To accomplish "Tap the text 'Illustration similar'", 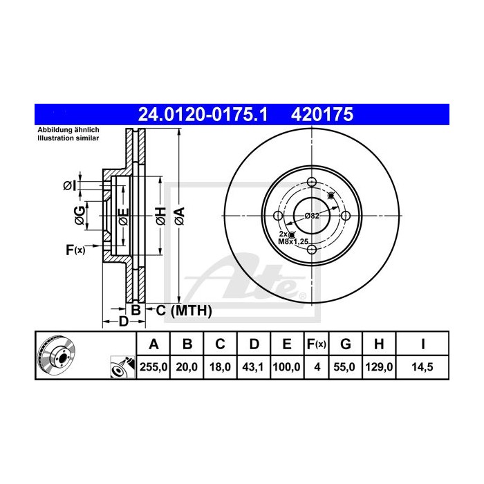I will click(x=68, y=138).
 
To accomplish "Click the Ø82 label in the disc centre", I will click(x=312, y=216).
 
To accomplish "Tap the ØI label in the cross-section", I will click(x=68, y=185).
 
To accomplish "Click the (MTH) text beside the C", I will click(x=189, y=310).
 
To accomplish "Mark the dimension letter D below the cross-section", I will click(x=123, y=322).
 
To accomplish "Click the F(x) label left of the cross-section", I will click(x=75, y=250).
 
